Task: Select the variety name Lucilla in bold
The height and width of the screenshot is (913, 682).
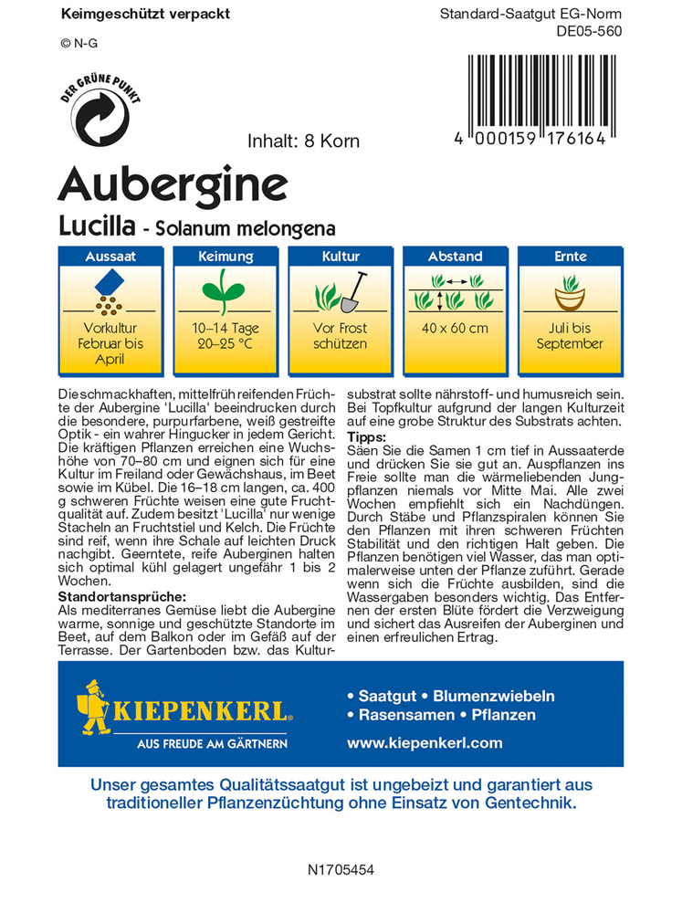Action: (x=98, y=226)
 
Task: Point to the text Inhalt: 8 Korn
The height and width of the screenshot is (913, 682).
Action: (x=303, y=142)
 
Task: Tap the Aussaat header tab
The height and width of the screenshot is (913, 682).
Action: (x=110, y=257)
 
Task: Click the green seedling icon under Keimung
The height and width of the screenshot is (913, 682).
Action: (x=225, y=293)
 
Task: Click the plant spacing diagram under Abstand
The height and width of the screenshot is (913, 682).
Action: (x=455, y=293)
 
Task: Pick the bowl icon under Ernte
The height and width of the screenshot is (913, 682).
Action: (x=570, y=296)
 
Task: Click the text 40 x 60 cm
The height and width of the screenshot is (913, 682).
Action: (x=455, y=329)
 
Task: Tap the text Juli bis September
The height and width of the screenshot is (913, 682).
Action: (x=570, y=336)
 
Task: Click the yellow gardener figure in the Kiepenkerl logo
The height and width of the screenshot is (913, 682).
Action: (x=95, y=706)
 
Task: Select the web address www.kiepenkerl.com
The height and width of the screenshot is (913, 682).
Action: (x=425, y=743)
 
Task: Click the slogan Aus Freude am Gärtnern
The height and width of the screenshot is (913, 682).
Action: (x=212, y=743)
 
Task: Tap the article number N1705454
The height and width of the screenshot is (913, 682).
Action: (x=341, y=871)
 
